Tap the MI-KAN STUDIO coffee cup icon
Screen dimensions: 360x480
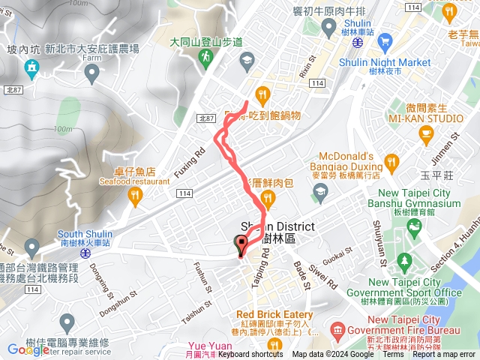426,135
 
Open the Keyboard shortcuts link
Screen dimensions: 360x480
250,354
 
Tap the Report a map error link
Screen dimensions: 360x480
446,354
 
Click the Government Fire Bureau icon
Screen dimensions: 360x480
337,330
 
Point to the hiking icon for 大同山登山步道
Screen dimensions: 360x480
202,57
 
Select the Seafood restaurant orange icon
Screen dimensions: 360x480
135,197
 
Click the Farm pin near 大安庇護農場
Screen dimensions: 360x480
92,73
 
